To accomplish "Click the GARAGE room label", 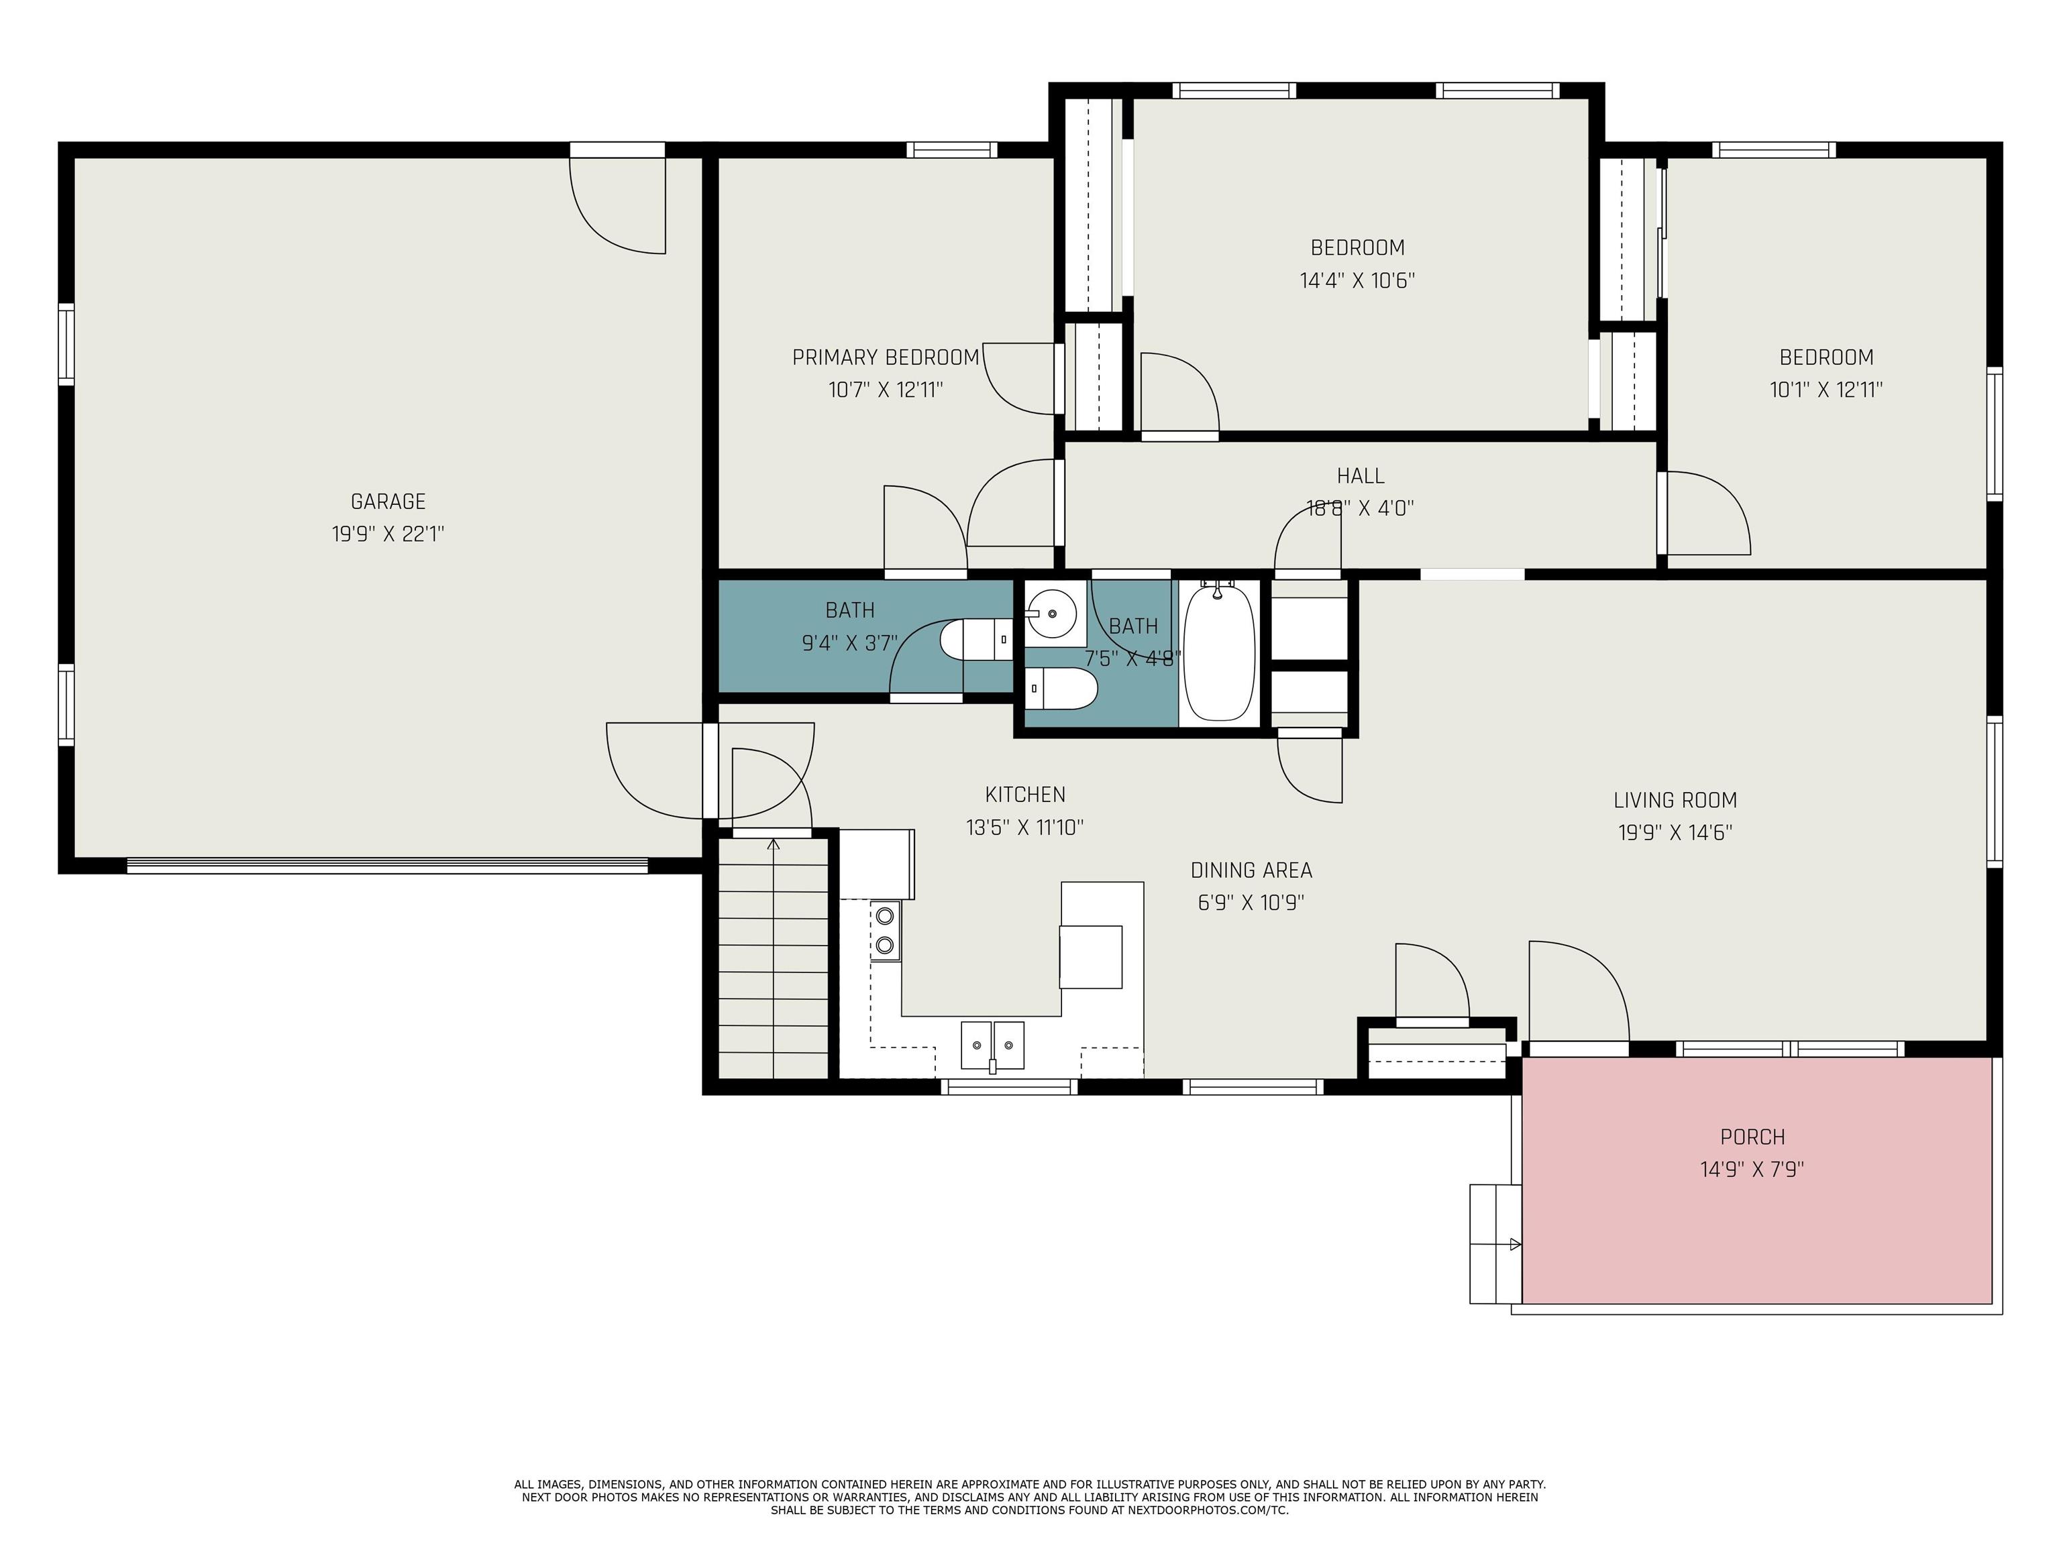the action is pyautogui.click(x=388, y=502).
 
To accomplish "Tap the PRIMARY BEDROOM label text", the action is pyautogui.click(x=885, y=357).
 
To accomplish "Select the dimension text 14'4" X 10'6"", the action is pyautogui.click(x=1357, y=280).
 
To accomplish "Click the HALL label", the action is pyautogui.click(x=1361, y=476).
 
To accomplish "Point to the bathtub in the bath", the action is pyautogui.click(x=1219, y=651).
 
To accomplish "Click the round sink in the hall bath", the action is pyautogui.click(x=1053, y=614).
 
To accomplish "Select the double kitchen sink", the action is pyautogui.click(x=992, y=1047).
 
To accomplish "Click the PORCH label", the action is pyautogui.click(x=1752, y=1137).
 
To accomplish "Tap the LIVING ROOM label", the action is pyautogui.click(x=1675, y=800).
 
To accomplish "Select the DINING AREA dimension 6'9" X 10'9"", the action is pyautogui.click(x=1251, y=903).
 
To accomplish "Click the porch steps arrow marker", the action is pyautogui.click(x=1515, y=1244).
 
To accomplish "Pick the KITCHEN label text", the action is pyautogui.click(x=1025, y=795).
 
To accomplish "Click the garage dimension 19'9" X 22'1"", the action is pyautogui.click(x=388, y=534).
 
